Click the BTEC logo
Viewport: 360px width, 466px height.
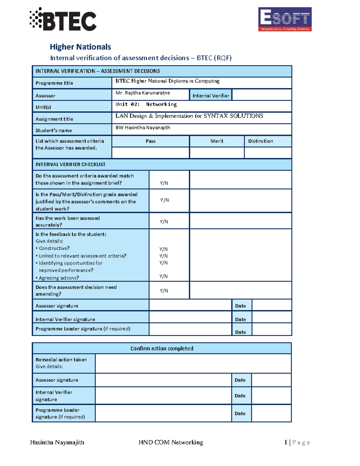click(x=63, y=20)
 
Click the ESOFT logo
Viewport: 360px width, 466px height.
click(x=285, y=19)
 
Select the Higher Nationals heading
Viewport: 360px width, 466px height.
click(x=80, y=47)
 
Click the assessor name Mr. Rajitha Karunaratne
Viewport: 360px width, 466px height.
click(x=143, y=93)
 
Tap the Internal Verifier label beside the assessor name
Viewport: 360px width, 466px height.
click(x=211, y=96)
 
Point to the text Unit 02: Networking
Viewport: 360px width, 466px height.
click(x=146, y=104)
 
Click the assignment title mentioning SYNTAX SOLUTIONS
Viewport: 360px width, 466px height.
click(x=189, y=116)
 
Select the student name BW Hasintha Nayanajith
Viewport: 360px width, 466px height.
click(x=143, y=128)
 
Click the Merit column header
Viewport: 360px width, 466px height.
click(x=217, y=141)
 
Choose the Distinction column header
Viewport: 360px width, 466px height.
click(x=260, y=141)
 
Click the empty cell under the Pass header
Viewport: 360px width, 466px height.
click(x=150, y=153)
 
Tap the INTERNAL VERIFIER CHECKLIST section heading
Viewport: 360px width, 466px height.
click(x=70, y=164)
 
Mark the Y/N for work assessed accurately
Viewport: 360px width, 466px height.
click(x=164, y=222)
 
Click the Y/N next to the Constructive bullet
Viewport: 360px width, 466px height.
click(x=163, y=249)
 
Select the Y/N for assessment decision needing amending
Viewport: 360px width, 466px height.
click(x=164, y=291)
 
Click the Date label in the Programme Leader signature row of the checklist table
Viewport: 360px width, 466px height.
click(x=240, y=332)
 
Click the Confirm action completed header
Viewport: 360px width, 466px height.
click(x=162, y=348)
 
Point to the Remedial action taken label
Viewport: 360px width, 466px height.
click(x=61, y=359)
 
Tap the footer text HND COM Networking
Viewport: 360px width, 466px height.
click(x=171, y=442)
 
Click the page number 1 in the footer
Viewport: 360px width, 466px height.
click(x=286, y=442)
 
